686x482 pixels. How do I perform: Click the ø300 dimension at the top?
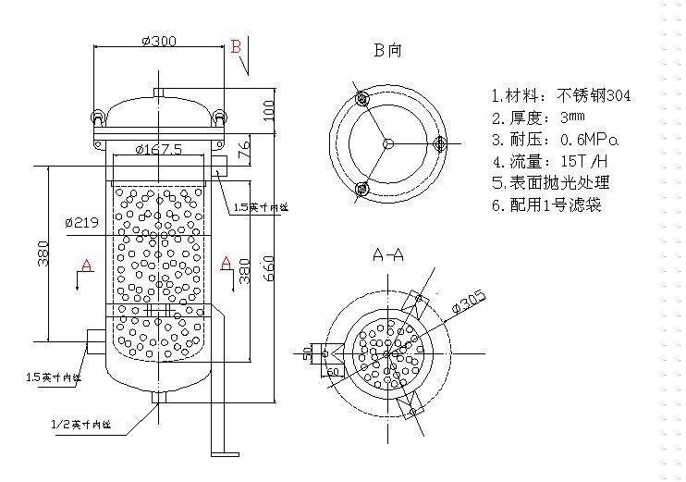[x=159, y=40]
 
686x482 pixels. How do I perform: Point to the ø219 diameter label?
[x=81, y=223]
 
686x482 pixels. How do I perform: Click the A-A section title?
[x=388, y=254]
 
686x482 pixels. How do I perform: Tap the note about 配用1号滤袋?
[x=546, y=204]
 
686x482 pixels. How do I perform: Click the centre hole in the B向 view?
[x=388, y=142]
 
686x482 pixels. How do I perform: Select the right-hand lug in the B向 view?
[x=439, y=142]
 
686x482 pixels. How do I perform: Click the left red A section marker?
[x=88, y=266]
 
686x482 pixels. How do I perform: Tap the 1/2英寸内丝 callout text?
[x=80, y=425]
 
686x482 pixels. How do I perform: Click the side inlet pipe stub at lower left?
[x=94, y=340]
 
